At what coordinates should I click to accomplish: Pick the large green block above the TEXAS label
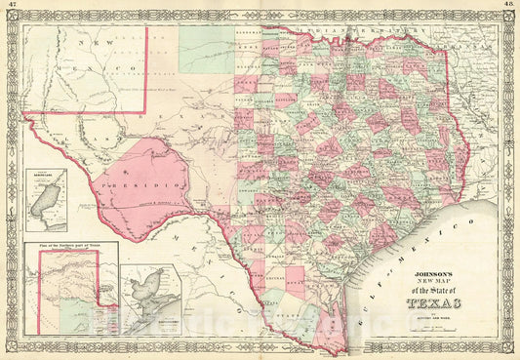(x=206, y=49)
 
